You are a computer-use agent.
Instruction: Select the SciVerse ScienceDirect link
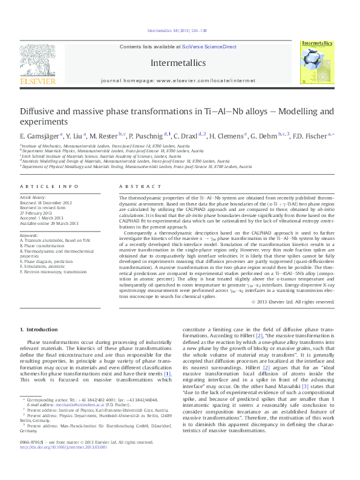pyautogui.click(x=214, y=47)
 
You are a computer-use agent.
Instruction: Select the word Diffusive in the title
pyautogui.click(x=39, y=111)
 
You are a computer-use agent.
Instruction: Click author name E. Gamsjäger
pyautogui.click(x=40, y=137)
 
